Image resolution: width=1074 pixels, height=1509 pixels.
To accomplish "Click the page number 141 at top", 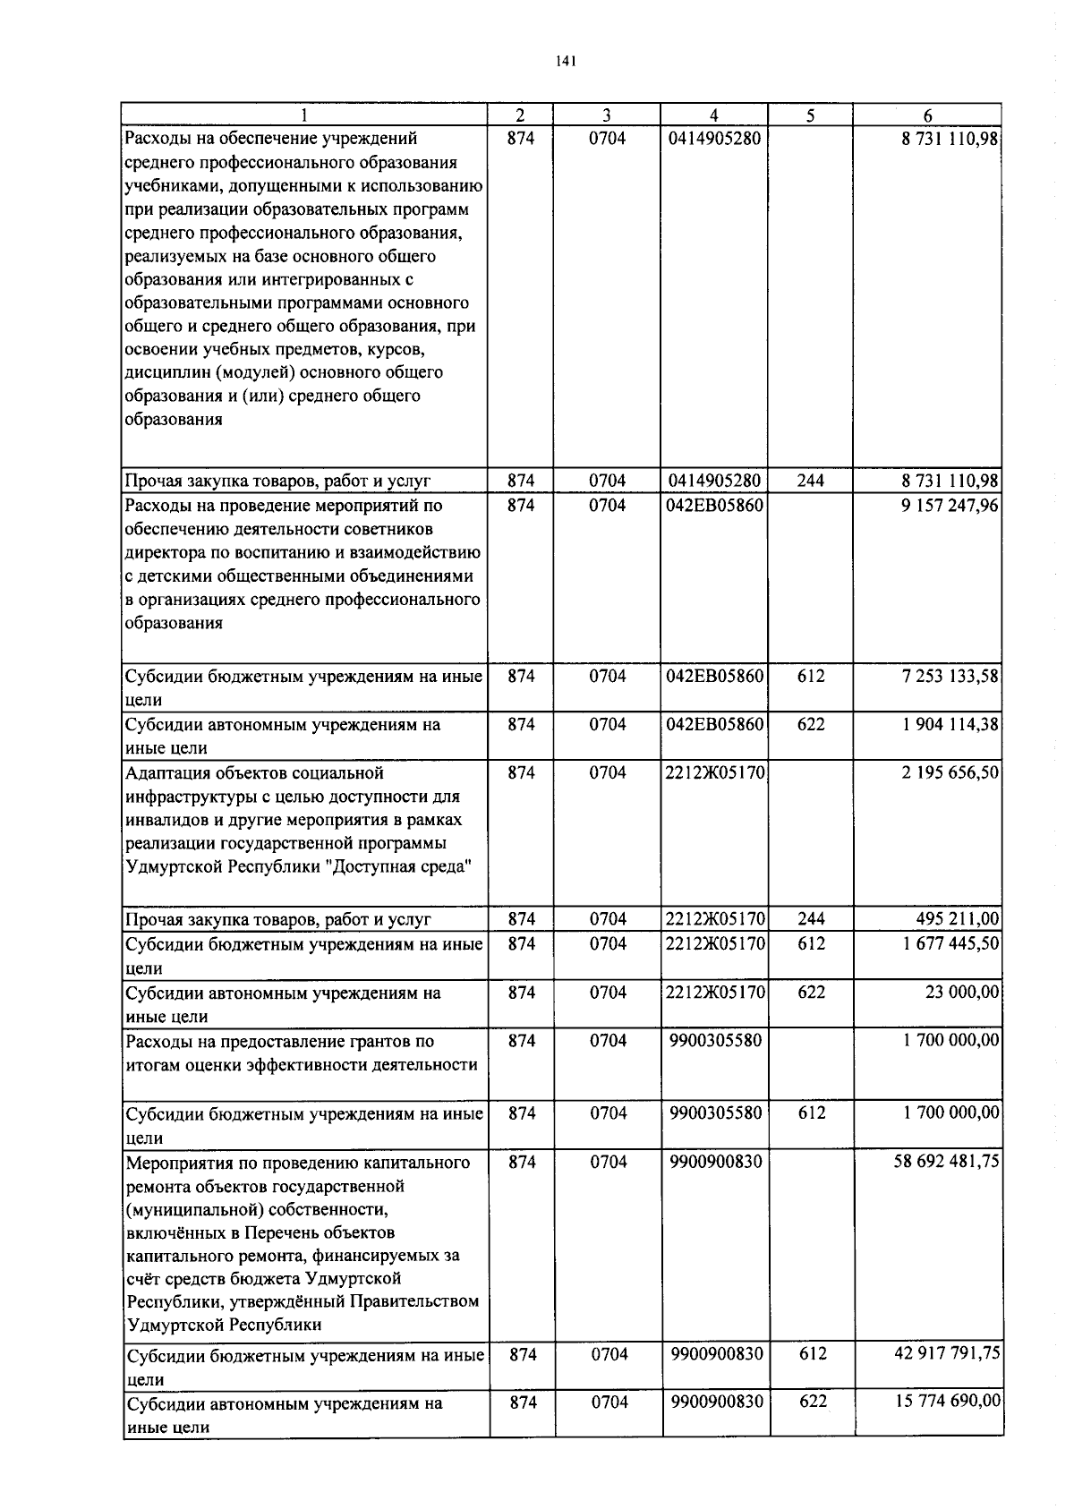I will (x=565, y=61).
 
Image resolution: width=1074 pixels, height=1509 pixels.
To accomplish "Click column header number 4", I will (x=713, y=115).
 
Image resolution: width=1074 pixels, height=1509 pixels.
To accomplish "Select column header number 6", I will (x=927, y=115).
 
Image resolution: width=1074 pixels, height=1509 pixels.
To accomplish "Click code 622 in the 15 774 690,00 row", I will (x=812, y=1402).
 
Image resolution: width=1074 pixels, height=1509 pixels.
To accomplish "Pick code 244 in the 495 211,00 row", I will (x=810, y=919).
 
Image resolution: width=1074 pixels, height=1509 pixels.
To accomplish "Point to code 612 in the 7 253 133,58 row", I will (x=810, y=677).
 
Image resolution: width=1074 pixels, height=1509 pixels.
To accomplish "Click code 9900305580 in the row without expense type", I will (x=715, y=1040).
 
